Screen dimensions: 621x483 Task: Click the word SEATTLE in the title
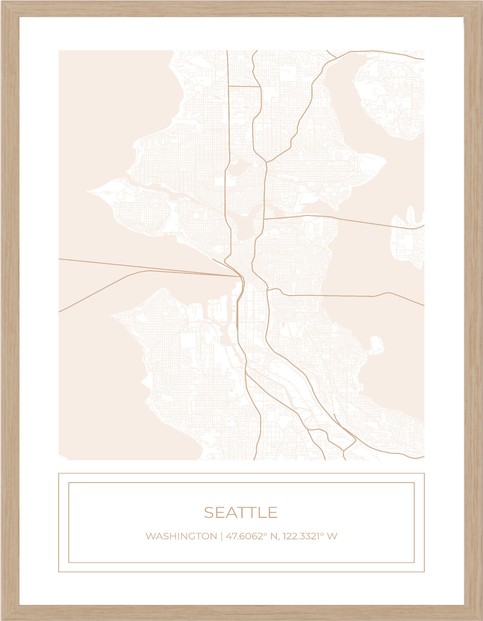pyautogui.click(x=241, y=512)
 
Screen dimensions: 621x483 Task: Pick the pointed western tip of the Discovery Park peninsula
pyautogui.click(x=88, y=192)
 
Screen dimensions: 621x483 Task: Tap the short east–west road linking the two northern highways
pyautogui.click(x=244, y=86)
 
